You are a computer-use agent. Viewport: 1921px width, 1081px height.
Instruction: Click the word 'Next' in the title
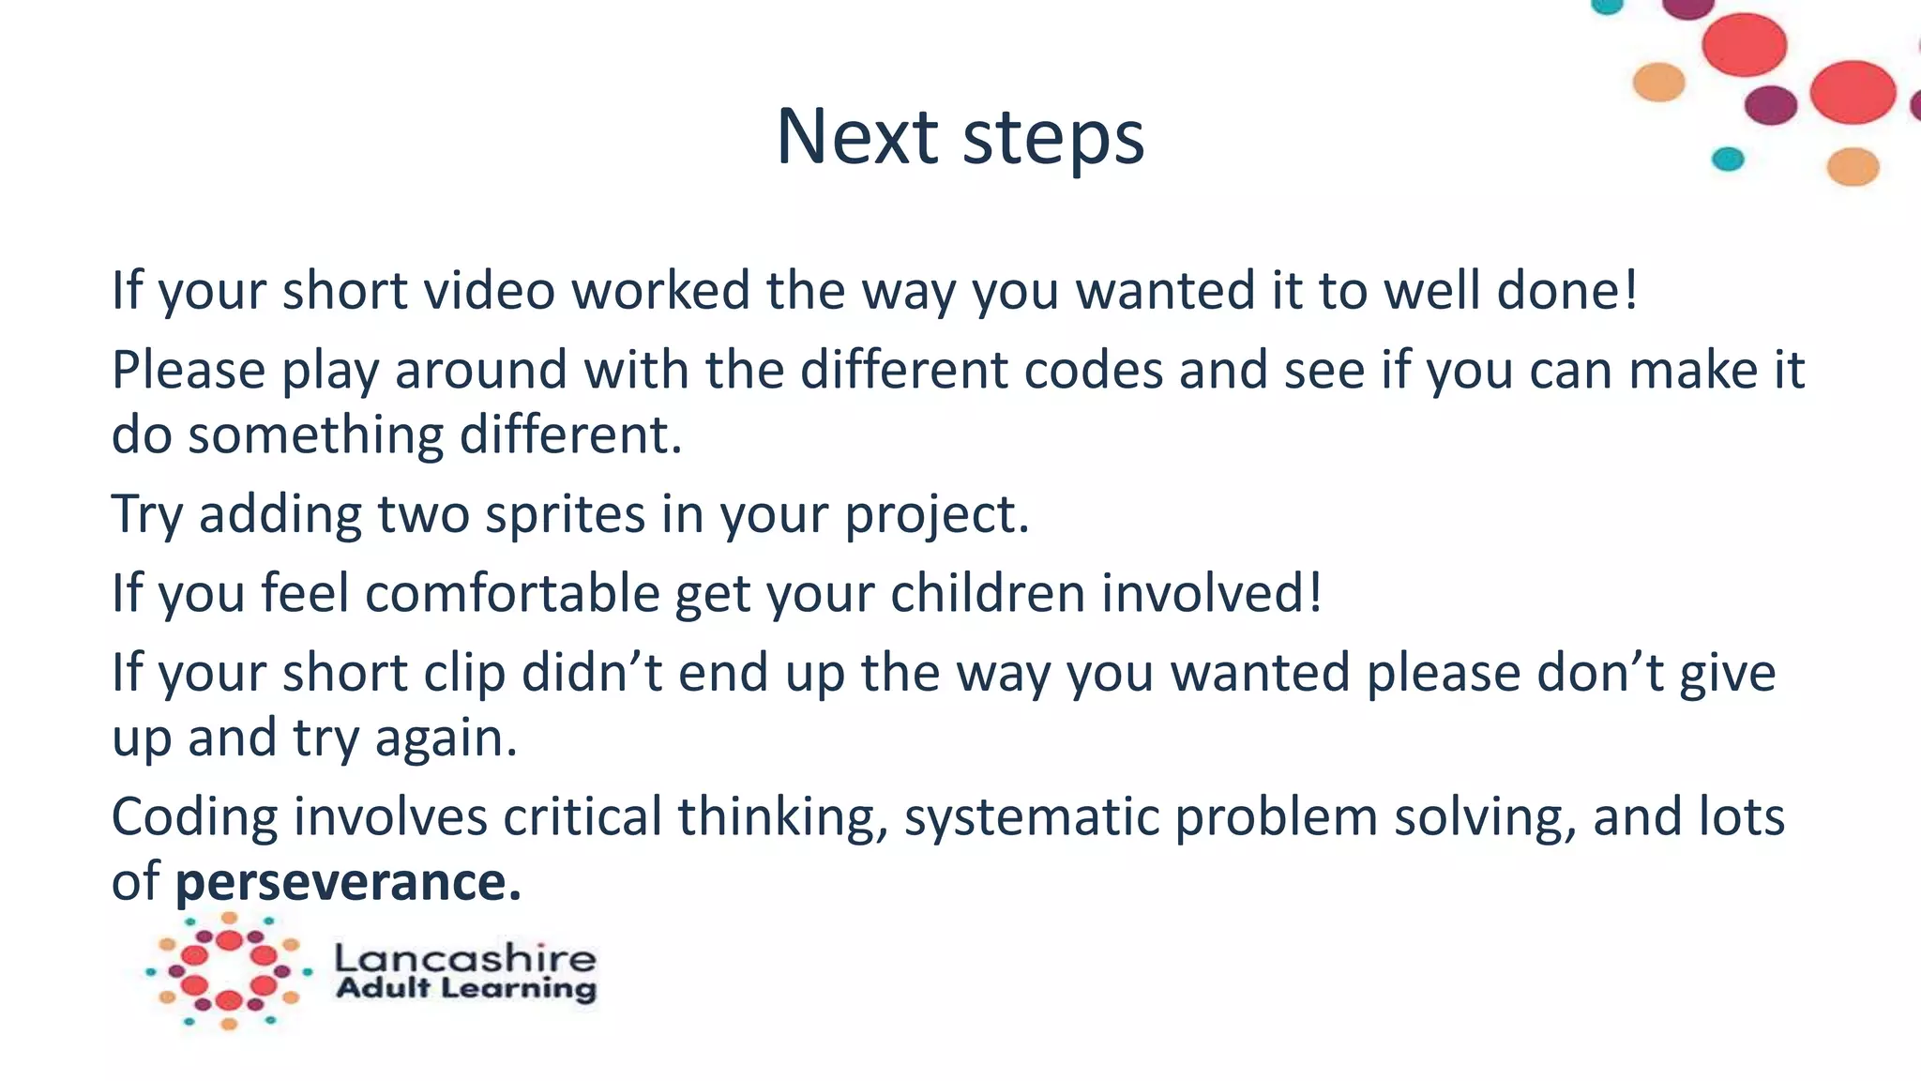coord(857,137)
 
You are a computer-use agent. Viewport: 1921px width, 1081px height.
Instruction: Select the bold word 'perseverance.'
coord(348,882)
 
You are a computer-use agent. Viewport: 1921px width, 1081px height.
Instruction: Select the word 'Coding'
coord(195,817)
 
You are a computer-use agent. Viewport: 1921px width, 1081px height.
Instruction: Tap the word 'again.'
coord(446,738)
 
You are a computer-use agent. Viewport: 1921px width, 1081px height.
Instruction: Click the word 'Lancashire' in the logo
coord(465,958)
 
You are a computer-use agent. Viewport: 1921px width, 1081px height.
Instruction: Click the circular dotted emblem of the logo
coord(229,971)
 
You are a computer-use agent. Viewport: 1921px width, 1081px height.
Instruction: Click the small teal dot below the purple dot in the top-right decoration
coord(1727,159)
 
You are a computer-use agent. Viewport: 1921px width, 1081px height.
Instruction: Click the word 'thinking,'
coord(782,817)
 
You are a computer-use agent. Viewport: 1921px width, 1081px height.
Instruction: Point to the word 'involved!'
coord(1212,594)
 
